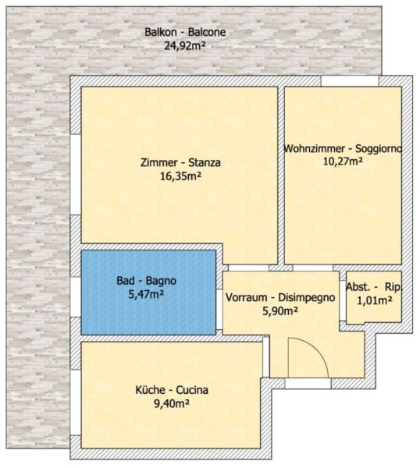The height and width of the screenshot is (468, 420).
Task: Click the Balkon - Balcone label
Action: tap(185, 32)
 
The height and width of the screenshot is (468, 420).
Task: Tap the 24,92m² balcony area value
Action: tap(185, 46)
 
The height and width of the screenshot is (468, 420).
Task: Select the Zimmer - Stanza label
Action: tap(181, 163)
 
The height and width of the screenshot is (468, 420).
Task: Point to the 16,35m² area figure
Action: tap(180, 176)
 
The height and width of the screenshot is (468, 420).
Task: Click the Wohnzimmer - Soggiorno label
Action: tap(343, 148)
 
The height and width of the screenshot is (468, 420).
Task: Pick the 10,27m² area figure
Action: tap(343, 161)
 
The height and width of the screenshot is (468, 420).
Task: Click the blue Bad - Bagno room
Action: tap(148, 292)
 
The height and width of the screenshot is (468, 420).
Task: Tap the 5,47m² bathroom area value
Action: tap(146, 294)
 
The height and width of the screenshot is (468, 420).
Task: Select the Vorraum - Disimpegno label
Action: tap(280, 298)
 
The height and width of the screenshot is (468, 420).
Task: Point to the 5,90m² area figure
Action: tap(280, 311)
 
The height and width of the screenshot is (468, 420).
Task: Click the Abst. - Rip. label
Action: tap(375, 287)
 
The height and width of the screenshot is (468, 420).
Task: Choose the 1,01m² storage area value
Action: tap(375, 300)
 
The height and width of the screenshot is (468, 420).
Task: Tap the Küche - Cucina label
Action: tap(172, 390)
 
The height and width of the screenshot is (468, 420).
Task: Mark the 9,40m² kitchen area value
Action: tap(172, 403)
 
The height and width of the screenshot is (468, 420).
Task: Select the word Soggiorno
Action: tap(379, 149)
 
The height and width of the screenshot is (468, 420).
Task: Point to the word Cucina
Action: tap(192, 390)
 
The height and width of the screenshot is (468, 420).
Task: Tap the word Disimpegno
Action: tap(307, 298)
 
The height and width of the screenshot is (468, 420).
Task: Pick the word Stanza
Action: tap(205, 163)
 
